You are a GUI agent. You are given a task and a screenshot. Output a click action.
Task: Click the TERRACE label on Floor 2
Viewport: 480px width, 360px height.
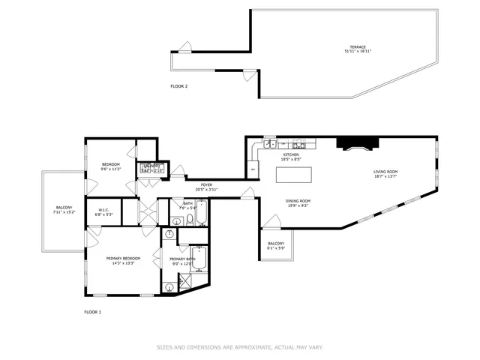point(357,47)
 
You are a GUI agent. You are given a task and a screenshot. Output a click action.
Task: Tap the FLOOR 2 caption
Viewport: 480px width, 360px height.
point(178,86)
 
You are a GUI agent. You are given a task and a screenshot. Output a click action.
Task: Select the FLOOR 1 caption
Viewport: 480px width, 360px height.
point(92,311)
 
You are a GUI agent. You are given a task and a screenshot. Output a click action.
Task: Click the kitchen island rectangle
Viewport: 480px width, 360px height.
point(294,175)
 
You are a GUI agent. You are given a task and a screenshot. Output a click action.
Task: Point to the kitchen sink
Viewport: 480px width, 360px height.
point(268,145)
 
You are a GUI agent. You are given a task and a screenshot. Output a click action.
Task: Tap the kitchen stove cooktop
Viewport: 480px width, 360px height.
point(299,145)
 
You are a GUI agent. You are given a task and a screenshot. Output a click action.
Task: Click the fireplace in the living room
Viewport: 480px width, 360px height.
point(352,144)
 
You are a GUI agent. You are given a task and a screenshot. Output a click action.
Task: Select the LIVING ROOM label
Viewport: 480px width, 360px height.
point(385,172)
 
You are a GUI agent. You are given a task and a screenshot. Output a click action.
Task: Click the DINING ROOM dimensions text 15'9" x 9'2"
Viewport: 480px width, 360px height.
point(298,205)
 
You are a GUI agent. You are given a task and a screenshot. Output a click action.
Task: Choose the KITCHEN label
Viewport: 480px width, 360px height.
point(290,154)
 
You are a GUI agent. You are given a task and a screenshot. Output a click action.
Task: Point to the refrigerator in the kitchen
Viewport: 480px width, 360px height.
point(253,169)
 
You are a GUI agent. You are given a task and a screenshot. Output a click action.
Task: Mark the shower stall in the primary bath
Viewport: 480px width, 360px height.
point(184,282)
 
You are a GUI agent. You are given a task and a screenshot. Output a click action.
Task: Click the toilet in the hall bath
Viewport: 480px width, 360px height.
point(190,220)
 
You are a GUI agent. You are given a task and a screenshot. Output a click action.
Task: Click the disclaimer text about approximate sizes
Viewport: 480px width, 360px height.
point(240,347)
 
